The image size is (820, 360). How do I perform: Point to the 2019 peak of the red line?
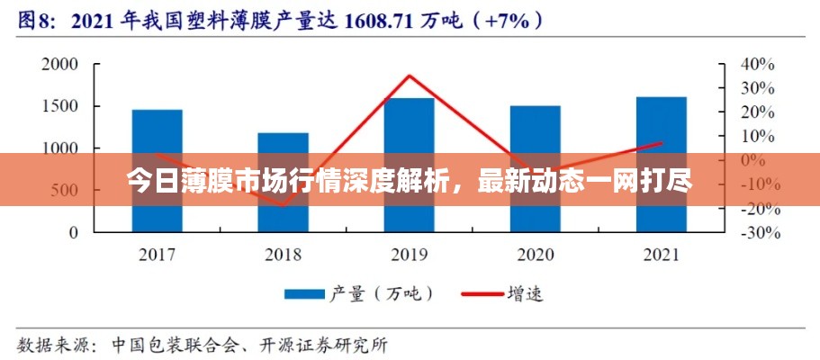click(x=409, y=76)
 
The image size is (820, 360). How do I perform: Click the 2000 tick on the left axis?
click(x=60, y=64)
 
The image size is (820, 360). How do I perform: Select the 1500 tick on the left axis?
click(x=60, y=106)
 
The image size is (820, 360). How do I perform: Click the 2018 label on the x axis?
click(x=283, y=256)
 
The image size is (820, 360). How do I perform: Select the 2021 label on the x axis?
click(x=661, y=256)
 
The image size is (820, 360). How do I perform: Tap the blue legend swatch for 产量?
click(x=303, y=293)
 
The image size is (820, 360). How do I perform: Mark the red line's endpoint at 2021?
click(x=661, y=142)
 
